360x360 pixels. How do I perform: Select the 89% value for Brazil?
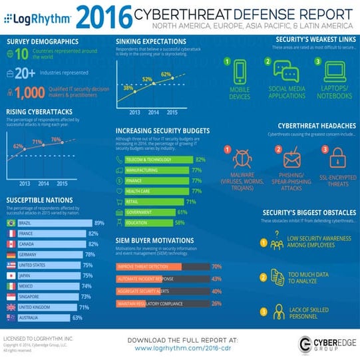[99, 223]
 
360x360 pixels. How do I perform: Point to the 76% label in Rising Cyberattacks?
[56, 140]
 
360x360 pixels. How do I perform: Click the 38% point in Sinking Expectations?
[128, 87]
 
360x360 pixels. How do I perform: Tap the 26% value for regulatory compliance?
[216, 303]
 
